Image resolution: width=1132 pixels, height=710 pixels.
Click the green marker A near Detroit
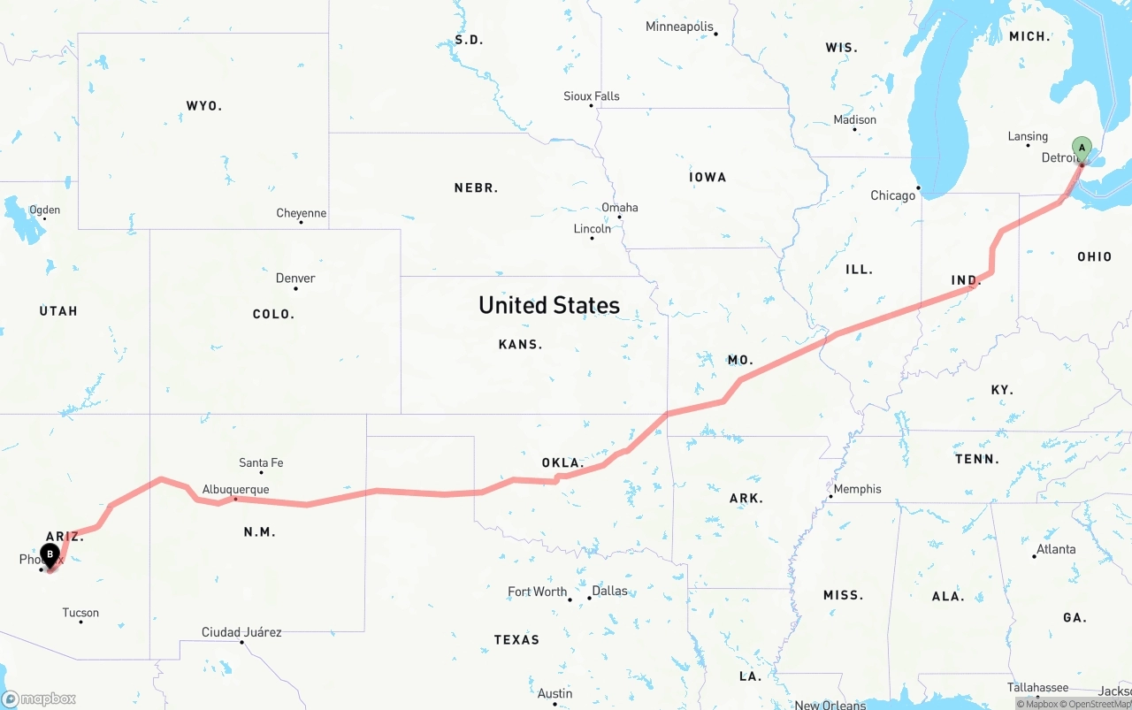point(1082,149)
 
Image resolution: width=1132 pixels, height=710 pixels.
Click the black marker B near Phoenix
point(50,555)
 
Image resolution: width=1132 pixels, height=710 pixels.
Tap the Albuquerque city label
point(235,489)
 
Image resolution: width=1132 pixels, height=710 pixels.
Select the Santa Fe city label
point(261,462)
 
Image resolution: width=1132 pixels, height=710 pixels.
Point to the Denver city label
point(295,278)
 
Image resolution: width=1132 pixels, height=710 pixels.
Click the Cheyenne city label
point(301,213)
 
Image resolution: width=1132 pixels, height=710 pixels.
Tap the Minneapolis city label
point(679,27)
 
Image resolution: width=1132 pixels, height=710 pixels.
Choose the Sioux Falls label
point(592,95)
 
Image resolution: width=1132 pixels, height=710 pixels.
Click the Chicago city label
point(892,195)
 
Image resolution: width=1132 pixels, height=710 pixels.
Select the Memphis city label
point(857,489)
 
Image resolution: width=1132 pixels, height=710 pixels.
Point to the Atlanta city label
point(1056,549)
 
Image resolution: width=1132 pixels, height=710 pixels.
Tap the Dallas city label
point(609,591)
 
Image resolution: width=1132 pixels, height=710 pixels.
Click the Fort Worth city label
point(537,592)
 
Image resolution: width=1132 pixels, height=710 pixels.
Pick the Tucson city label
point(80,613)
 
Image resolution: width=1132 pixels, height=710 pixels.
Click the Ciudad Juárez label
point(241,632)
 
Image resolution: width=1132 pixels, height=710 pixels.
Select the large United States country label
point(549,305)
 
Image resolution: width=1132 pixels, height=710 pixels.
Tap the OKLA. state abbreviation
point(563,462)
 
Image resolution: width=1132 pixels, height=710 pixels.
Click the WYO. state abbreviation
point(203,106)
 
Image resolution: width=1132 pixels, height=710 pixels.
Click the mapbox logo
point(39,699)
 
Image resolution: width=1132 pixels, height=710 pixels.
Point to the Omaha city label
point(619,208)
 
